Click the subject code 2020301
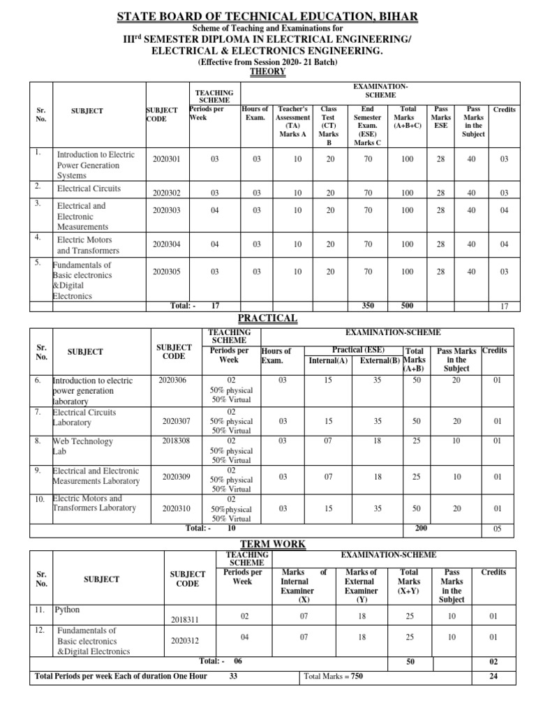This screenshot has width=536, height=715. (x=166, y=160)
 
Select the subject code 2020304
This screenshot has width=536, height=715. (x=166, y=244)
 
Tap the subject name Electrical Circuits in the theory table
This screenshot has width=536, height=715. (x=89, y=189)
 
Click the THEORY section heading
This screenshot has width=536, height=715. (x=268, y=72)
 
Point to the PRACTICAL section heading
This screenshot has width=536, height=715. (x=268, y=318)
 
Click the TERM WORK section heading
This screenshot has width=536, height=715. (x=268, y=544)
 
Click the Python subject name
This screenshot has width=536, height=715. (x=68, y=610)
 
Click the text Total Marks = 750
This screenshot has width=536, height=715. (x=334, y=677)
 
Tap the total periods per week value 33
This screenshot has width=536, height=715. (x=234, y=677)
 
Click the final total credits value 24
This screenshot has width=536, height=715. (x=493, y=677)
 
